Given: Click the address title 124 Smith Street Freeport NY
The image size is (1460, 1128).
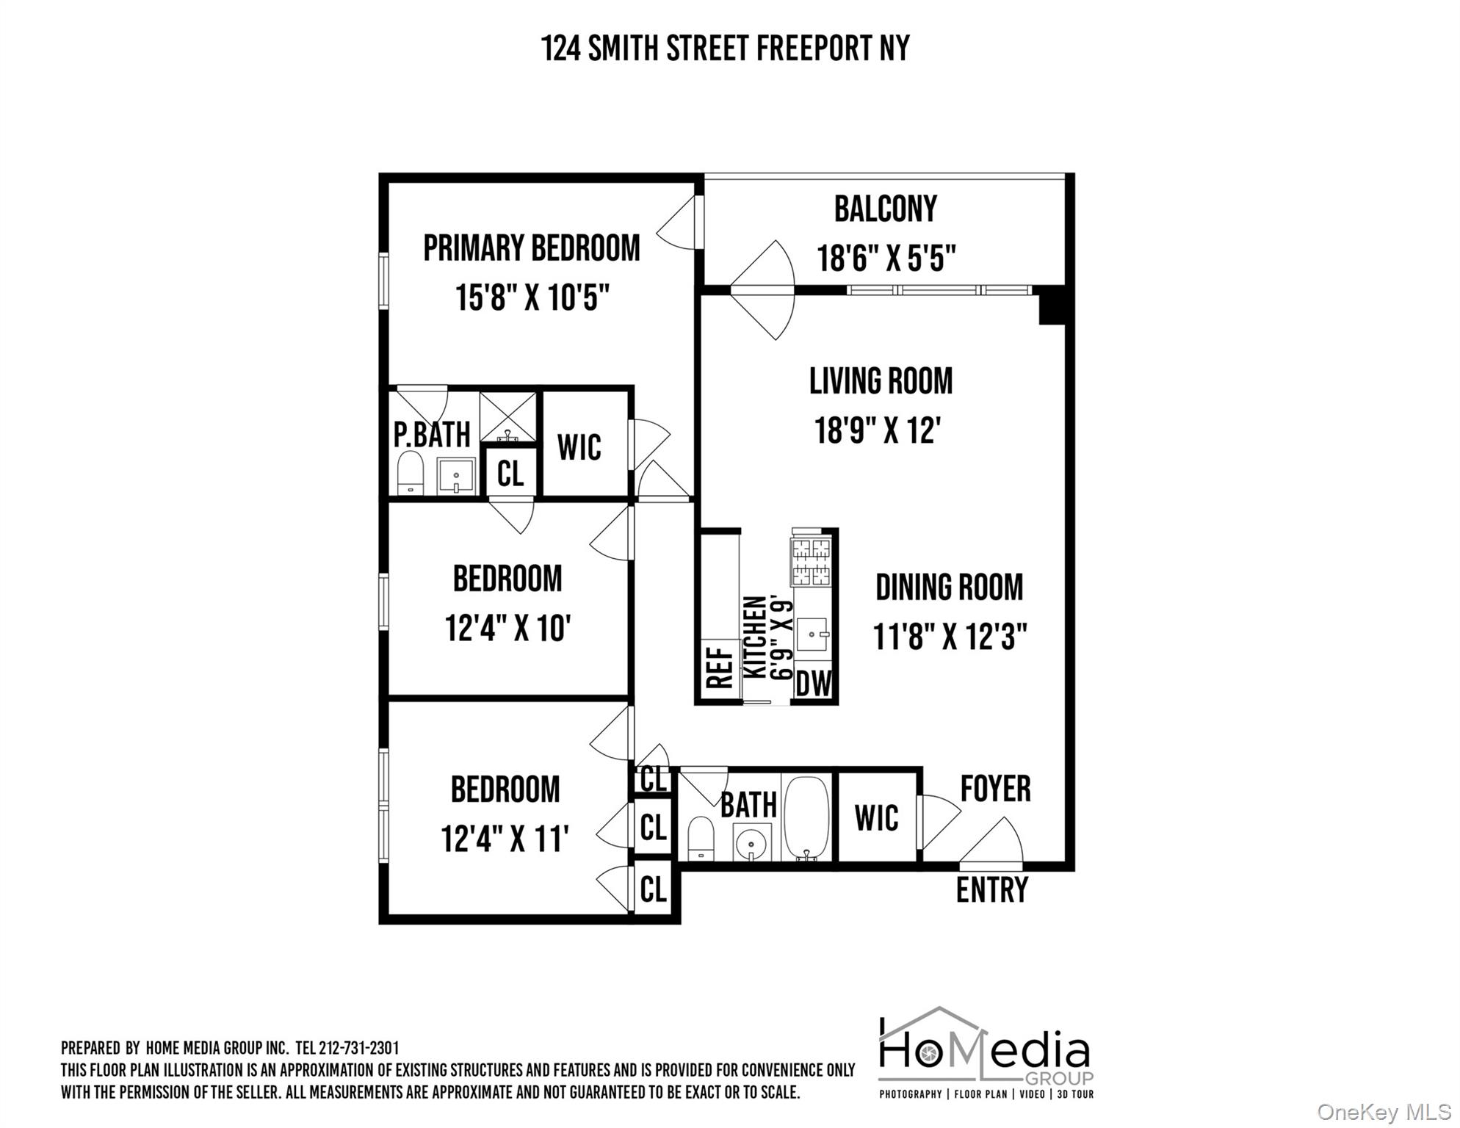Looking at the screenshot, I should click(x=725, y=48).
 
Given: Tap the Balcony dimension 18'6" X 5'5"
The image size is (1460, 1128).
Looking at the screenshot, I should click(x=886, y=258).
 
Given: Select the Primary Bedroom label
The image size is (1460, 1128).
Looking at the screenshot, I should click(x=531, y=248).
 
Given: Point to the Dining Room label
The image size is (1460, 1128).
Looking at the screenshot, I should click(x=949, y=587).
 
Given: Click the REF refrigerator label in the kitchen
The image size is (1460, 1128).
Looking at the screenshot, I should click(x=720, y=666).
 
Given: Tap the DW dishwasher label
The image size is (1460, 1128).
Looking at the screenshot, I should click(x=814, y=684).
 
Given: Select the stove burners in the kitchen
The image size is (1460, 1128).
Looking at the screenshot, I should click(x=811, y=561).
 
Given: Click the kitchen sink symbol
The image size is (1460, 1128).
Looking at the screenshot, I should click(x=813, y=634).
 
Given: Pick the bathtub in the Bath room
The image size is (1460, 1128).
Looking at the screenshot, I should click(x=806, y=817).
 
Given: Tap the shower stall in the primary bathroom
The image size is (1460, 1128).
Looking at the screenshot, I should click(x=507, y=416).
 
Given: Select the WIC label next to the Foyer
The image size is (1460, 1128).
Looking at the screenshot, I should click(x=876, y=817).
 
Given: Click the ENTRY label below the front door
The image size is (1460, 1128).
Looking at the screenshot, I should click(x=991, y=890).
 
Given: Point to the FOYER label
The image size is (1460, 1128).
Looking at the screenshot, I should click(x=995, y=789).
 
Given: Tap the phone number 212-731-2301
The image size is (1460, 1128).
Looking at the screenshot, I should click(x=358, y=1048).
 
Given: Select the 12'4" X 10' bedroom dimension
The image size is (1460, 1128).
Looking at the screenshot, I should click(x=507, y=629).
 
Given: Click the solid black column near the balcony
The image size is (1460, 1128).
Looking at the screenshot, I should click(x=1052, y=305).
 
